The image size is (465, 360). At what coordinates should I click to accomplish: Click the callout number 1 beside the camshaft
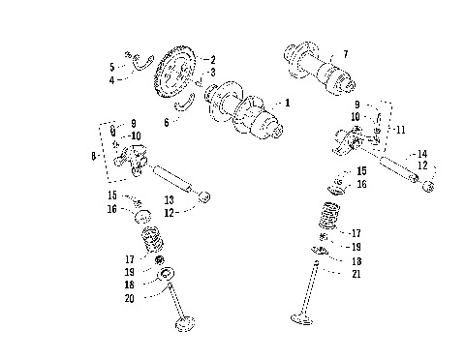(286, 102)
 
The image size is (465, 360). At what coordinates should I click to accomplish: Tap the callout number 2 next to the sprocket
(212, 60)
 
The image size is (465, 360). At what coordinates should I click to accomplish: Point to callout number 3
(212, 73)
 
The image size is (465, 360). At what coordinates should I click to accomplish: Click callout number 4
(112, 78)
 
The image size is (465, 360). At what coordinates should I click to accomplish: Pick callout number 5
(112, 67)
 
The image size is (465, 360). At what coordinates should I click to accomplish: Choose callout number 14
(422, 154)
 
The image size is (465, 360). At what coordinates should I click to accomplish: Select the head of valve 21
(298, 320)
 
